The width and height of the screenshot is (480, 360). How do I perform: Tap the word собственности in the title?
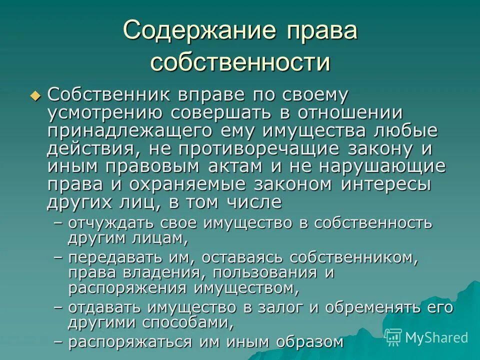coord(240,63)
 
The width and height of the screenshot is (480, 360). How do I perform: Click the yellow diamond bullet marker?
coord(34,95)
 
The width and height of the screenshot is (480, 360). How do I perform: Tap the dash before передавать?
coord(58,257)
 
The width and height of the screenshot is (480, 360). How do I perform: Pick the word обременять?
coord(374,306)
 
